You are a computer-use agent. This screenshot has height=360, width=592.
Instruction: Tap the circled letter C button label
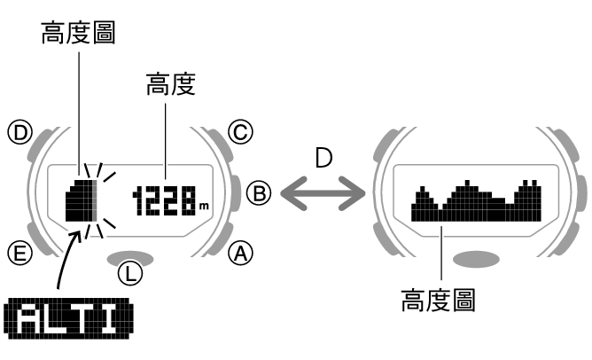(x=239, y=134)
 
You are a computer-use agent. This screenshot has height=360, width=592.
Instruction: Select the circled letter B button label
(x=257, y=192)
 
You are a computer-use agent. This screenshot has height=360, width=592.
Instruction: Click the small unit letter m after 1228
(x=204, y=207)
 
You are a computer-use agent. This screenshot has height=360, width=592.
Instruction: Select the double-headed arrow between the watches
(x=322, y=191)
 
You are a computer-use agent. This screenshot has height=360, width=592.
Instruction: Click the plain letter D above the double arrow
(x=324, y=160)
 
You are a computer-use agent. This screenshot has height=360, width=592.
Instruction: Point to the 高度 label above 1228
(x=170, y=84)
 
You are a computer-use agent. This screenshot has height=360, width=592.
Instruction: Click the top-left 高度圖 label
(x=78, y=34)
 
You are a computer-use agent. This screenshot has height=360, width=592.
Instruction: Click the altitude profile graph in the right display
(x=476, y=201)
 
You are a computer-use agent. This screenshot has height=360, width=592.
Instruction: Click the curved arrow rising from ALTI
(x=66, y=262)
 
